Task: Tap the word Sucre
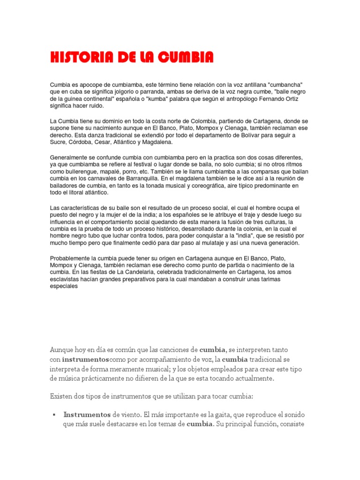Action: (x=59, y=142)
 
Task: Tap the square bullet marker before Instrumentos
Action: (x=54, y=415)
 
